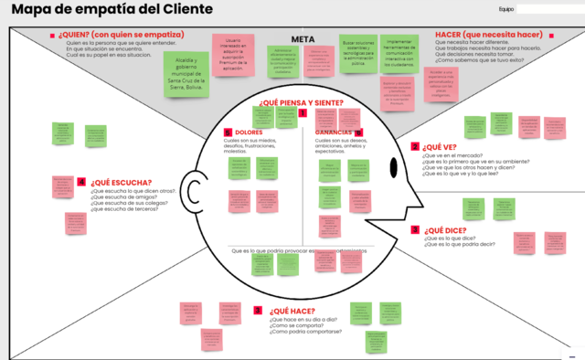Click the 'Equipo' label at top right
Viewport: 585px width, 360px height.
point(506,9)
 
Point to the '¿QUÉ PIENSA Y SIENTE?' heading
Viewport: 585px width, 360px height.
point(301,102)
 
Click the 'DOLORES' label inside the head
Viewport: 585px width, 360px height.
point(249,132)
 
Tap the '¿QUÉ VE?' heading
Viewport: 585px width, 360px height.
point(439,146)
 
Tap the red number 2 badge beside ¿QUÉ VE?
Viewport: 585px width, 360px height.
point(415,146)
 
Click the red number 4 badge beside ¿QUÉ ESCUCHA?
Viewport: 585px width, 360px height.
point(82,182)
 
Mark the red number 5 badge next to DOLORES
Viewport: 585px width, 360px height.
point(227,132)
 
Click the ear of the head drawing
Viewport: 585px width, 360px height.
point(195,189)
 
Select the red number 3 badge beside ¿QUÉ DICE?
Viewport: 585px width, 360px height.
point(415,230)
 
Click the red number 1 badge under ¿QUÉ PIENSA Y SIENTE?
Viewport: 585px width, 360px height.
point(302,113)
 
